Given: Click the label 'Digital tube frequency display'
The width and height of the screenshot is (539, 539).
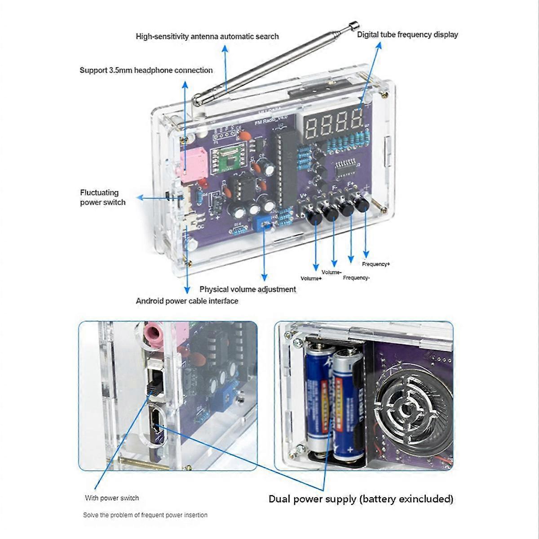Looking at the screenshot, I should (407, 35).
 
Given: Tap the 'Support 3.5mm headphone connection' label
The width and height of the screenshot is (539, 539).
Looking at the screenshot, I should (146, 70).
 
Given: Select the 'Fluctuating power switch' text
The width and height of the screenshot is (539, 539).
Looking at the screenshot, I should (102, 198).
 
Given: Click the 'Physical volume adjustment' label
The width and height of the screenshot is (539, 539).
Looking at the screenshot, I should (247, 289).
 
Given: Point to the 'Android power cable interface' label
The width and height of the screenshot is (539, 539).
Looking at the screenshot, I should (187, 301).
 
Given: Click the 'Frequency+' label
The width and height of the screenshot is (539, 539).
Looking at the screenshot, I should (376, 264).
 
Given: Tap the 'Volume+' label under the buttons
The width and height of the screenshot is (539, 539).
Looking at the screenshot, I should (311, 278).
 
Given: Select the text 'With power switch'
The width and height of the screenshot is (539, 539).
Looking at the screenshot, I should (112, 498).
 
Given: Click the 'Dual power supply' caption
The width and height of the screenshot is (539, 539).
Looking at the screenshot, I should (361, 499).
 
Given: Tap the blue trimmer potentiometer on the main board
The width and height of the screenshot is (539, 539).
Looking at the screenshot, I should (263, 222).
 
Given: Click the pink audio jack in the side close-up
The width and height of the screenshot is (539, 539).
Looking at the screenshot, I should (153, 334).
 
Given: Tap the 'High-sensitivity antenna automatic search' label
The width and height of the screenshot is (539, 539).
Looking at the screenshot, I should (207, 36).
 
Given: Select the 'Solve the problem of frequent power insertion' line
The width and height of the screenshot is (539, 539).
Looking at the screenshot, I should (145, 515).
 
